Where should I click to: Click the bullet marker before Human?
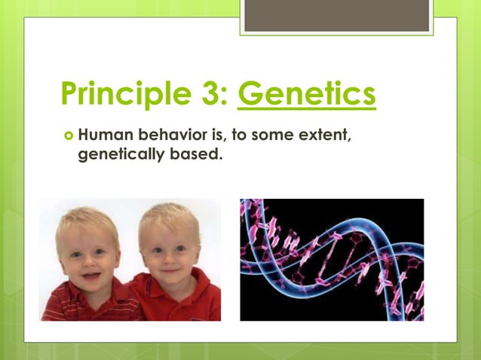[69, 137]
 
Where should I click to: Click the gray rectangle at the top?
[336, 15]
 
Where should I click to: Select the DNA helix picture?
[332, 260]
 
